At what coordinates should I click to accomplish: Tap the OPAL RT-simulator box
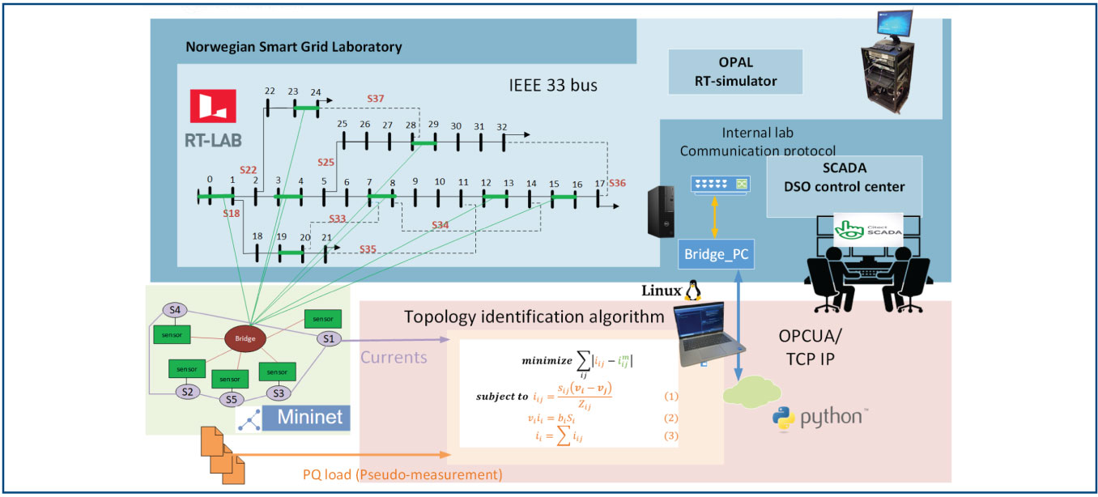(735, 72)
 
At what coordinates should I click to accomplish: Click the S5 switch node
(232, 399)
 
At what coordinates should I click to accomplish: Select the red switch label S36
(618, 183)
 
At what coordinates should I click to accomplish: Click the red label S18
(232, 215)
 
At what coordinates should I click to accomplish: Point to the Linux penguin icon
(692, 291)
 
